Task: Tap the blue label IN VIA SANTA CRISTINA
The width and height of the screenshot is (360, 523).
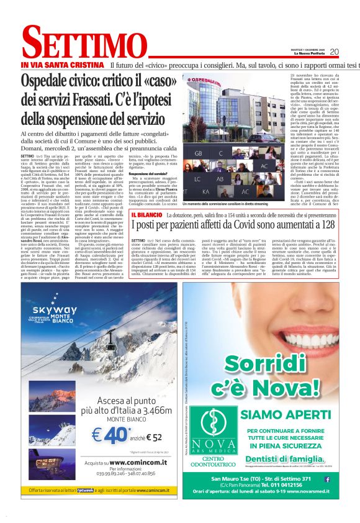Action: [x=61, y=65]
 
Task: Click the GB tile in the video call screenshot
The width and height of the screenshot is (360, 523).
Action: [x=199, y=152]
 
